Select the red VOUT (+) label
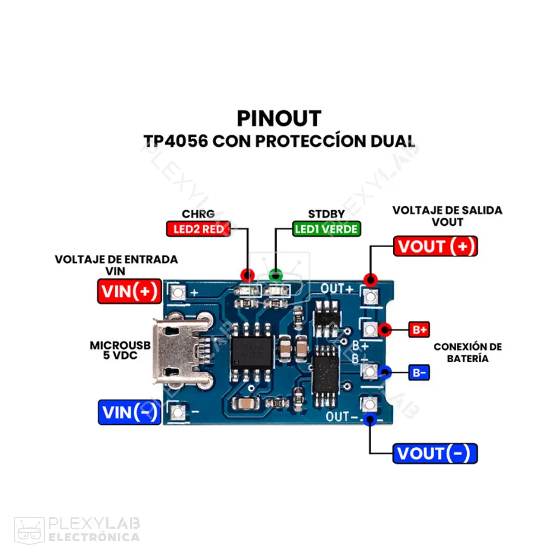pyautogui.click(x=435, y=246)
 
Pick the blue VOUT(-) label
pyautogui.click(x=435, y=453)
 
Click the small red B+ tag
pyautogui.click(x=419, y=329)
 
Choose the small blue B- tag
pyautogui.click(x=419, y=372)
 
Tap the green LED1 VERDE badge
pyautogui.click(x=327, y=229)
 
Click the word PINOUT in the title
pyautogui.click(x=279, y=119)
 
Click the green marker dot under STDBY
pyautogui.click(x=276, y=275)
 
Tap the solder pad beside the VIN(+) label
pyautogui.click(x=178, y=292)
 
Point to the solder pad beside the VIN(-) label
pyautogui.click(x=178, y=412)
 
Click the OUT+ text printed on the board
pyautogui.click(x=337, y=289)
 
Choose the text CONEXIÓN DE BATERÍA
pyautogui.click(x=467, y=352)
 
